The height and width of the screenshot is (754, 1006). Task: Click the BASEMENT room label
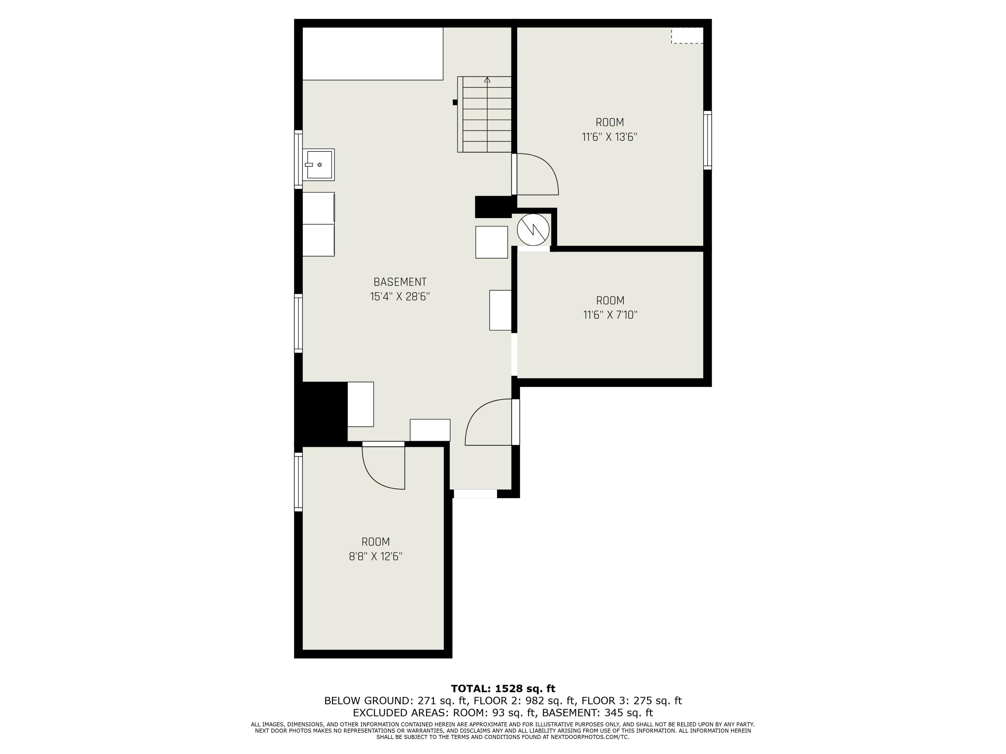(400, 282)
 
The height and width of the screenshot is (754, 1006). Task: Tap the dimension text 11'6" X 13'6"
(609, 137)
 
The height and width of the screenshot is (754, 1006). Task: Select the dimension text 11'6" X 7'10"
(610, 315)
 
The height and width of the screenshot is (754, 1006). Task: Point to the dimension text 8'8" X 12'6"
(376, 556)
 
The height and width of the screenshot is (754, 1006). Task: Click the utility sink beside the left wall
(319, 165)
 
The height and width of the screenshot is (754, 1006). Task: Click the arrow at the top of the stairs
(487, 80)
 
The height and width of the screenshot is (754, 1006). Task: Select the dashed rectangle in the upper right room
(687, 36)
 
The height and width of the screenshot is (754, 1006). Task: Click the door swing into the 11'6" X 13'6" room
(537, 175)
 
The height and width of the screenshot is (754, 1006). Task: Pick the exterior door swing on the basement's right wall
(489, 423)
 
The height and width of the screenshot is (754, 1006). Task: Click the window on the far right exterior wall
(707, 140)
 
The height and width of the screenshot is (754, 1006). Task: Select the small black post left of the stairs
(455, 102)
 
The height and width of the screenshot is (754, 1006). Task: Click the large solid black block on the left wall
(321, 411)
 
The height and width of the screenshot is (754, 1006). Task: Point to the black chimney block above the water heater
(494, 207)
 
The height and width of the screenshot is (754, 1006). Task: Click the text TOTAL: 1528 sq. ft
(503, 689)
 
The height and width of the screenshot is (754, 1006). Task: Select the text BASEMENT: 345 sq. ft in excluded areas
(597, 713)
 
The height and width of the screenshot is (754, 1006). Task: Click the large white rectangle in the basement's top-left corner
(373, 54)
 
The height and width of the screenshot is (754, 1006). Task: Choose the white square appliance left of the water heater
(491, 242)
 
